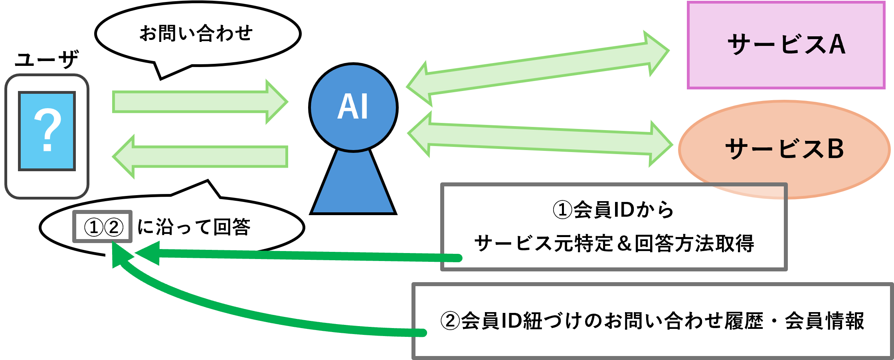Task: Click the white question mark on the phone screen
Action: (x=47, y=131)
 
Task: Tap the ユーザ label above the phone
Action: (x=46, y=60)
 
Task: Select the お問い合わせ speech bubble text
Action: (x=196, y=34)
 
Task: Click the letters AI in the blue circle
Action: (x=353, y=107)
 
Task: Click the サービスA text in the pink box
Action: (x=786, y=44)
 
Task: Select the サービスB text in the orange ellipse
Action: (x=784, y=149)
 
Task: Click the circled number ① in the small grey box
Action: (x=94, y=227)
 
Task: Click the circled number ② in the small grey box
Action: (x=114, y=227)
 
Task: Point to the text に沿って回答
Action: (x=194, y=227)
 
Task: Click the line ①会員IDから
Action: (x=613, y=210)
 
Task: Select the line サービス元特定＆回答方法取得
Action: (x=614, y=243)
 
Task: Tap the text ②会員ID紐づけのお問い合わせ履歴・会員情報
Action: (x=652, y=321)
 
